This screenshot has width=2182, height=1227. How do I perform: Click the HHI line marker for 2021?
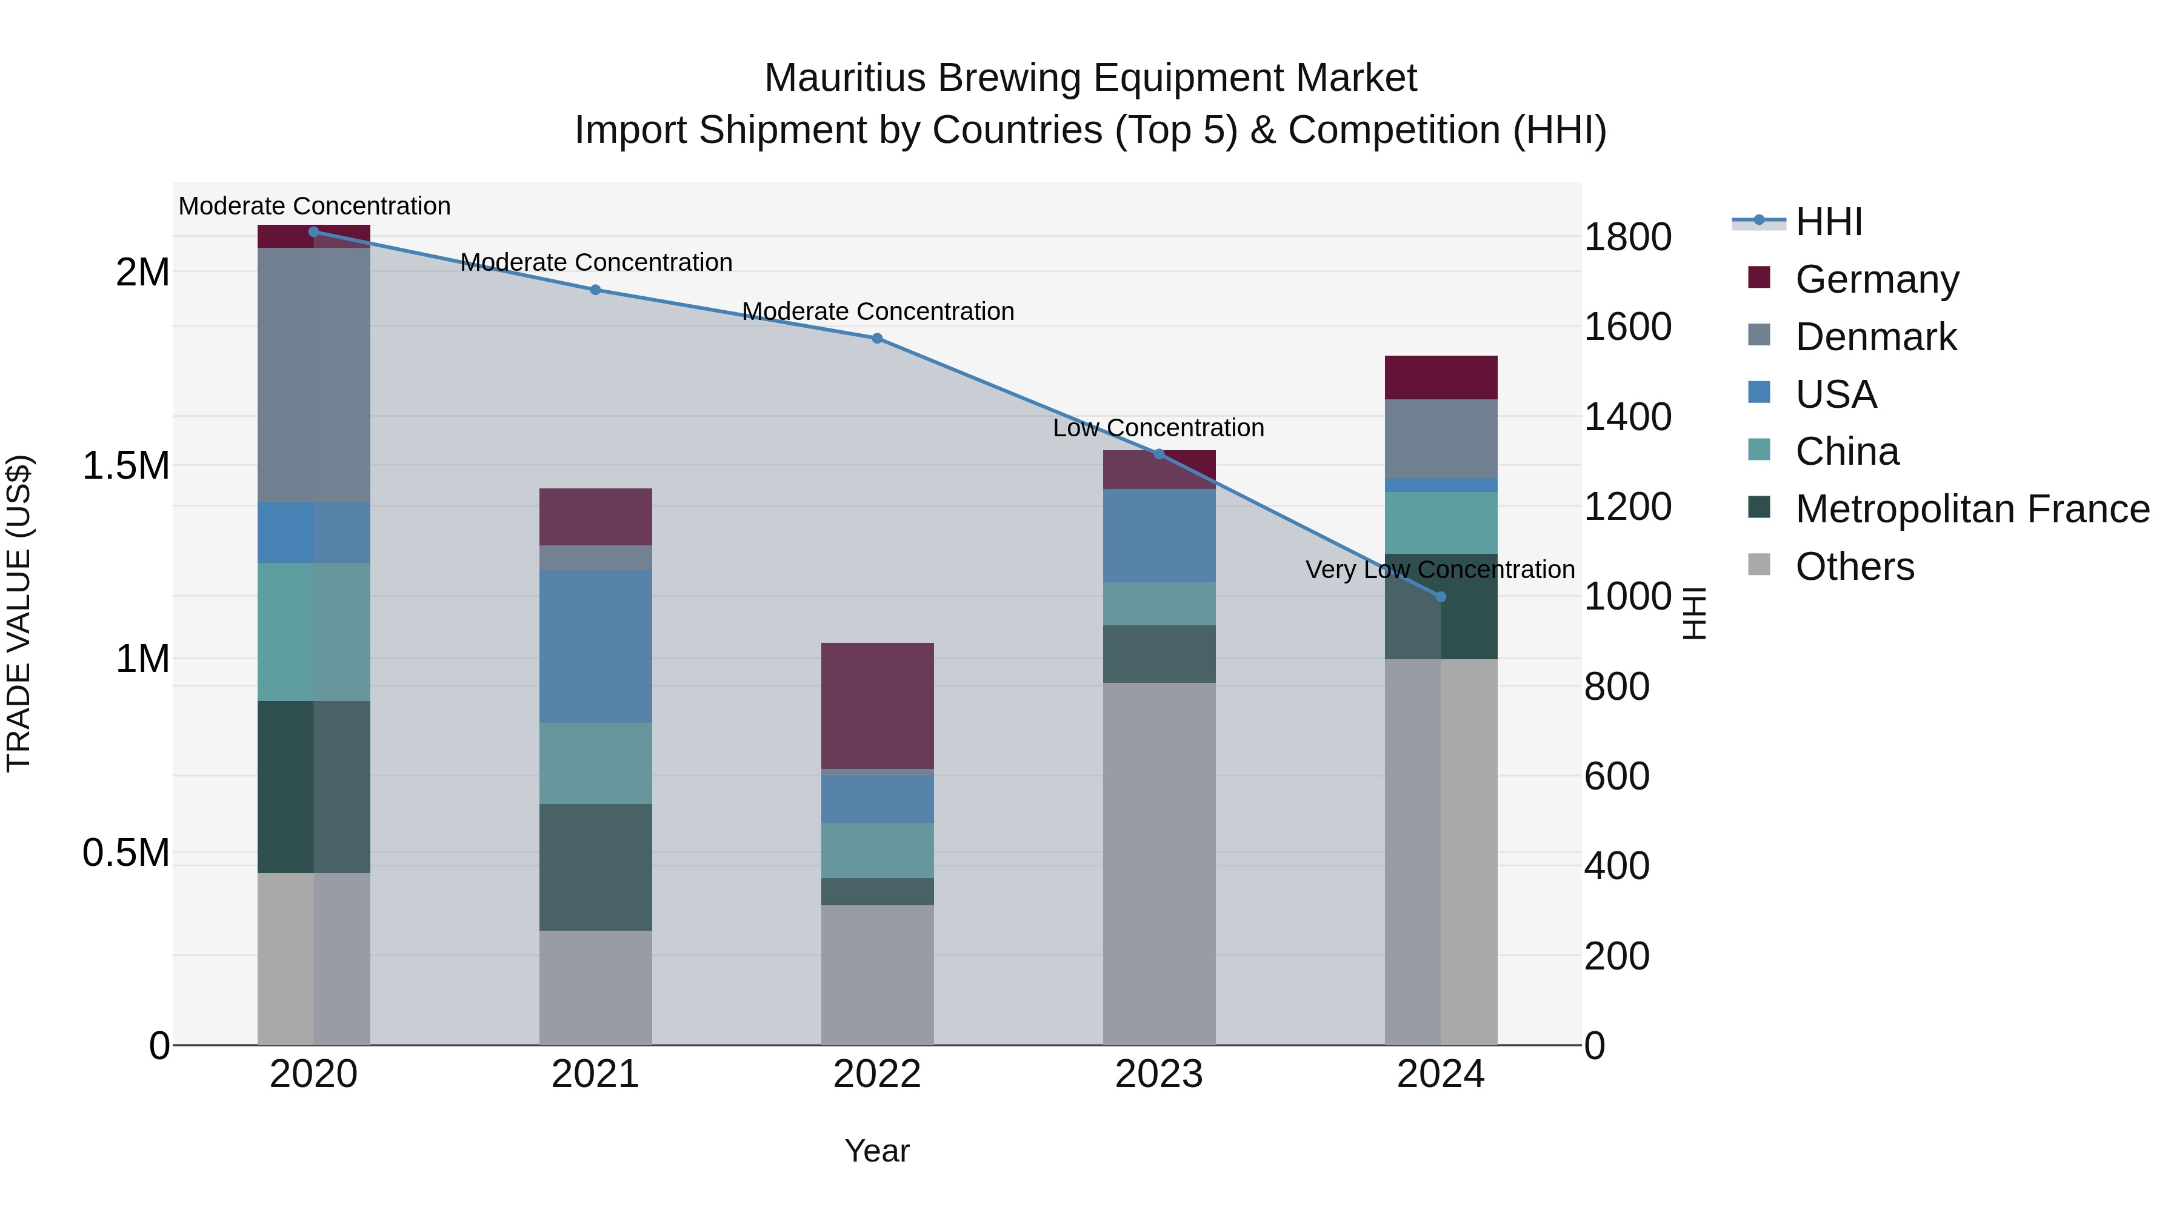(x=595, y=290)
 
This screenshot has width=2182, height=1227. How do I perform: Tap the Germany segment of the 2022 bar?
(x=878, y=705)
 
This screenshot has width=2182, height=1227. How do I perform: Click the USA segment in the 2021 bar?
(x=595, y=646)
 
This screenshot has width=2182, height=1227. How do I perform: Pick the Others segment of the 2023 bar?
(x=1159, y=863)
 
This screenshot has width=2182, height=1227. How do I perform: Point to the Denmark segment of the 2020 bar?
(x=313, y=375)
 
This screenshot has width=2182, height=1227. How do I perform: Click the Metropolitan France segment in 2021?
(x=595, y=867)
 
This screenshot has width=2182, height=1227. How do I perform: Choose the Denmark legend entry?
(x=1875, y=337)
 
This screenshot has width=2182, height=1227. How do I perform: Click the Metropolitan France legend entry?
(x=1972, y=509)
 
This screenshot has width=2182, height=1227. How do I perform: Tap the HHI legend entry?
(x=1828, y=222)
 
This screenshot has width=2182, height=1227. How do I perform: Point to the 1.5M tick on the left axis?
(x=126, y=466)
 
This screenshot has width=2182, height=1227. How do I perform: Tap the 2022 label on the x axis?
(x=878, y=1074)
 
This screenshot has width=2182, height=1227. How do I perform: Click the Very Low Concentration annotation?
(x=1440, y=570)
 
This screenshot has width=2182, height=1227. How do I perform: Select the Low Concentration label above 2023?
(x=1158, y=428)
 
